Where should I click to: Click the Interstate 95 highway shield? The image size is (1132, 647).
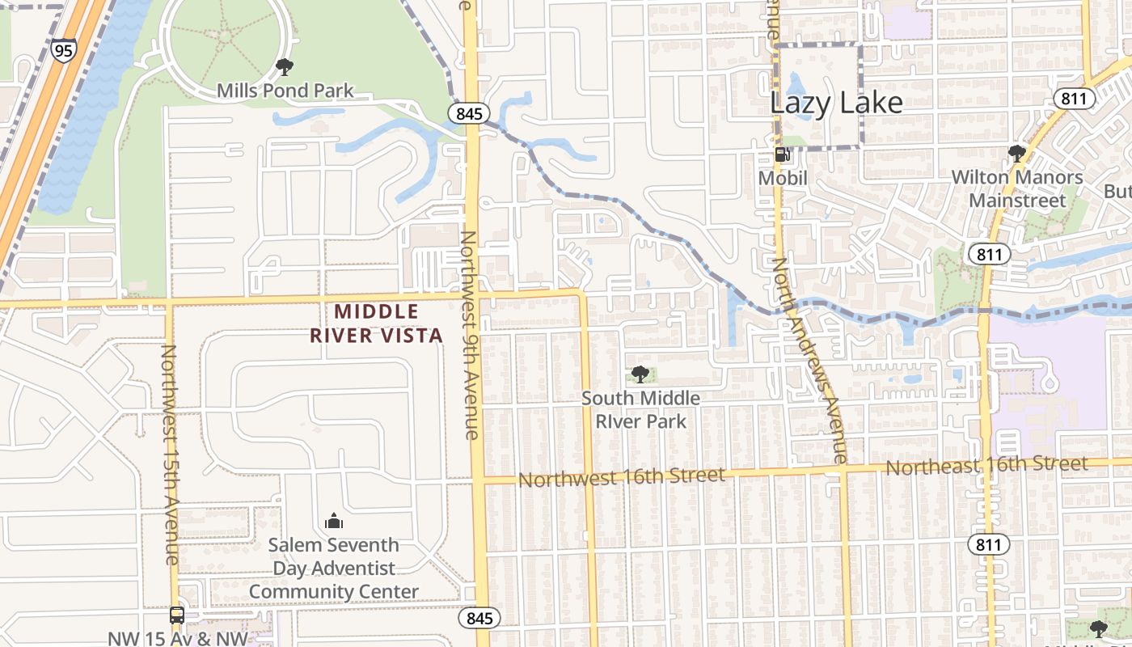(62, 51)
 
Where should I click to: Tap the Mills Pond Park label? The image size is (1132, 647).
(285, 90)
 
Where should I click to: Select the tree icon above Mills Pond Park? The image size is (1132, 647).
(284, 66)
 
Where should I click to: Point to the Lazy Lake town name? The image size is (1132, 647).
(835, 103)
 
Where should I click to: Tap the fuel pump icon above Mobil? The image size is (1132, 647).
(782, 154)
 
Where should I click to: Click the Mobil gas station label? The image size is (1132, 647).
(783, 178)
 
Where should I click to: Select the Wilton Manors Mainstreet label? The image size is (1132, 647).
(1016, 188)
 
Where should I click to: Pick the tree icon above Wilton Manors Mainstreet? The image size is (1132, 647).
(1016, 153)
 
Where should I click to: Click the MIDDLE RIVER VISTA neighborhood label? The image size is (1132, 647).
(377, 323)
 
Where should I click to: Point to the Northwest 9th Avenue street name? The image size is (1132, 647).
(471, 335)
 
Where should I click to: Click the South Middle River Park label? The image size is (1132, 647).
(640, 409)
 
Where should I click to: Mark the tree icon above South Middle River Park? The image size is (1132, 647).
(640, 374)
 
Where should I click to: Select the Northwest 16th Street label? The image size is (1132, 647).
(621, 477)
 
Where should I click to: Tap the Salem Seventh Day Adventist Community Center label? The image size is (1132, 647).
(333, 569)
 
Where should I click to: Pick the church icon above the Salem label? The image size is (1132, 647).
(333, 521)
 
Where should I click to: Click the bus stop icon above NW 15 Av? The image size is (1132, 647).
(176, 615)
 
